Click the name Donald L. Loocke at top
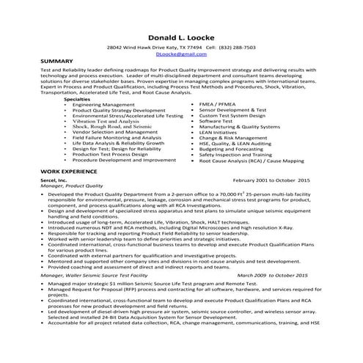coord(180,37)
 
